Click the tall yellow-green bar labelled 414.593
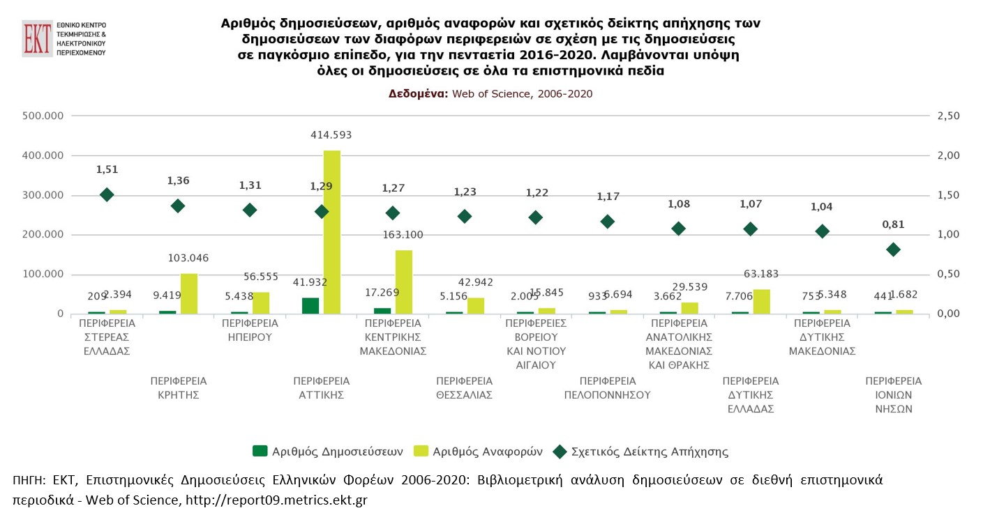(331, 231)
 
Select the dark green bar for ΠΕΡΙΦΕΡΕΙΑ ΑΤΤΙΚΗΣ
(310, 305)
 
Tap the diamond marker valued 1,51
(107, 195)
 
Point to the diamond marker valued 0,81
(893, 249)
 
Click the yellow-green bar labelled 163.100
(403, 282)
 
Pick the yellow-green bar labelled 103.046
(189, 293)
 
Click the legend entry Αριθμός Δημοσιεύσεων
(328, 451)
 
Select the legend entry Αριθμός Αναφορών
(478, 451)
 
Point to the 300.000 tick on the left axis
(44, 195)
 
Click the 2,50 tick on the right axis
(946, 116)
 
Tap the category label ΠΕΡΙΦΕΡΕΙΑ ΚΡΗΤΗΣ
(178, 388)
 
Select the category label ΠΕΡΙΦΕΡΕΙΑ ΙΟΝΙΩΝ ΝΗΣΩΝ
(893, 395)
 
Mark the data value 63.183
(765, 274)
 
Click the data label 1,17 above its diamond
(608, 197)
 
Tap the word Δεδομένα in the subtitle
(418, 93)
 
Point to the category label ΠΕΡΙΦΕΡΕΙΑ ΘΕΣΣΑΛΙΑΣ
(464, 388)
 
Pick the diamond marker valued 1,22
(536, 217)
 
